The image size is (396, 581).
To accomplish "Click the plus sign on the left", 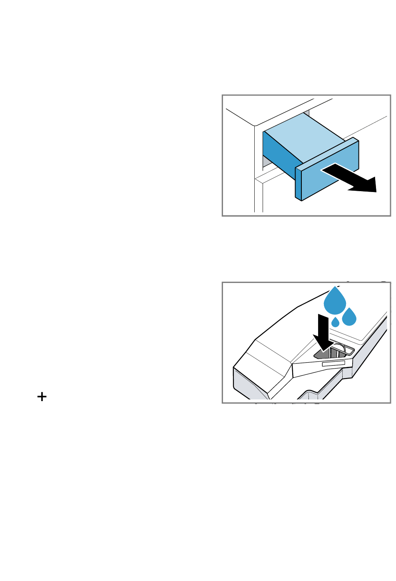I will click(x=42, y=397).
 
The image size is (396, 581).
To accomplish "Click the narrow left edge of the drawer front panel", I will click(x=298, y=184).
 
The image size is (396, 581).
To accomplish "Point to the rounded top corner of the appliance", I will click(x=254, y=125).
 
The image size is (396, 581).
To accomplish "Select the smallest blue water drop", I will click(x=336, y=322).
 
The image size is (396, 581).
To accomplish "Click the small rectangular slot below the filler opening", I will click(x=333, y=364).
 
